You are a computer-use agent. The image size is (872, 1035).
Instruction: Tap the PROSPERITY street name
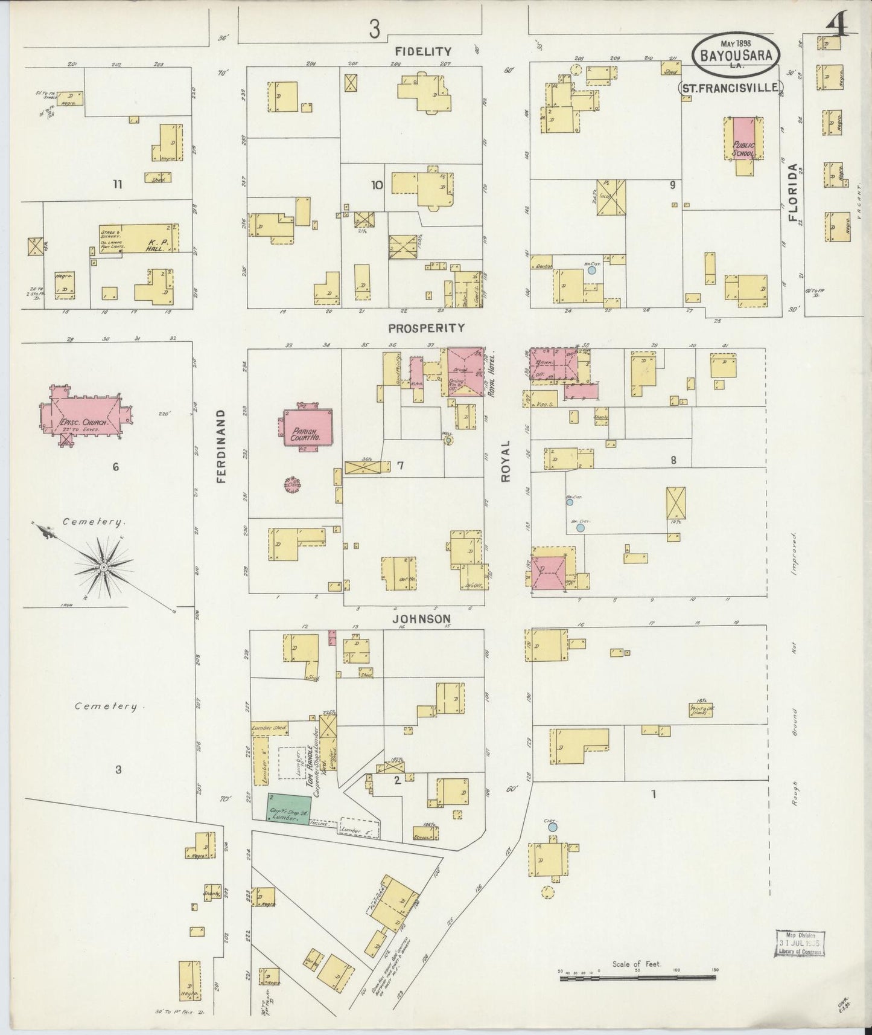(x=427, y=328)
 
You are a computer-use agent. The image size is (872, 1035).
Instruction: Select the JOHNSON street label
(x=422, y=618)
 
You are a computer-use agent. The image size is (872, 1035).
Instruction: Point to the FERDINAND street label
(x=221, y=446)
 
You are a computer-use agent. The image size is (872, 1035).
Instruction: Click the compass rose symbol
(x=104, y=568)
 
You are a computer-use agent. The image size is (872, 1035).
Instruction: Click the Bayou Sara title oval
(x=736, y=53)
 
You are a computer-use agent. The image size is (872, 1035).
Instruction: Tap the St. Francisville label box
(x=731, y=88)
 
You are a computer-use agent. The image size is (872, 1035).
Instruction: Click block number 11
(x=117, y=184)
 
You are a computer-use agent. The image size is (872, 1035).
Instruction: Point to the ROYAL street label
(x=506, y=460)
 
